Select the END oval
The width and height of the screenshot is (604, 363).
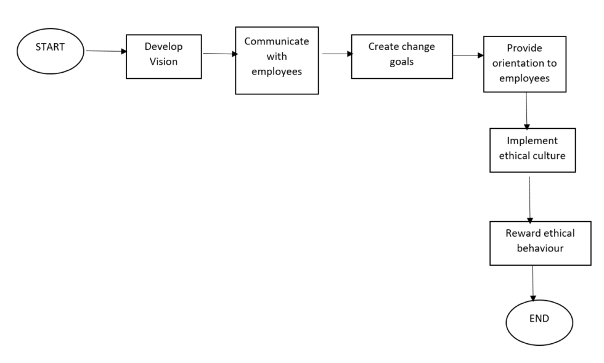[539, 322]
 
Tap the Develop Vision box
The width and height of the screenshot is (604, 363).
[163, 56]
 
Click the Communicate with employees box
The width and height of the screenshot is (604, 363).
[277, 60]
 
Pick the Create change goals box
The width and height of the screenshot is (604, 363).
[401, 57]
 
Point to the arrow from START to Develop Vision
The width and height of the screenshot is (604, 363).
[106, 51]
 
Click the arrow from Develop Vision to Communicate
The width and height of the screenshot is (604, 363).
[219, 54]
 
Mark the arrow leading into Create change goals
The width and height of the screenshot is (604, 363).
[336, 54]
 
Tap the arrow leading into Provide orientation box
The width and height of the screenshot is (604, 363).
[468, 55]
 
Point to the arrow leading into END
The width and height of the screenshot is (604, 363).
[533, 284]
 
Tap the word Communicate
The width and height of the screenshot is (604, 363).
[276, 42]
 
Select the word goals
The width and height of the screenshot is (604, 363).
[401, 62]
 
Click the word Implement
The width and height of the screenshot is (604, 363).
[532, 141]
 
